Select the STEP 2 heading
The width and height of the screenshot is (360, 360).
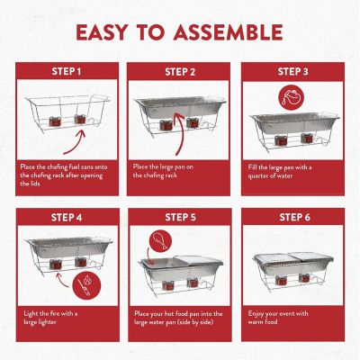pyautogui.click(x=180, y=71)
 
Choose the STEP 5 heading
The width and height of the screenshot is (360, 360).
pyautogui.click(x=180, y=217)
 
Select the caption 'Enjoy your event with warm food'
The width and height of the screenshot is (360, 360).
pyautogui.click(x=285, y=317)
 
